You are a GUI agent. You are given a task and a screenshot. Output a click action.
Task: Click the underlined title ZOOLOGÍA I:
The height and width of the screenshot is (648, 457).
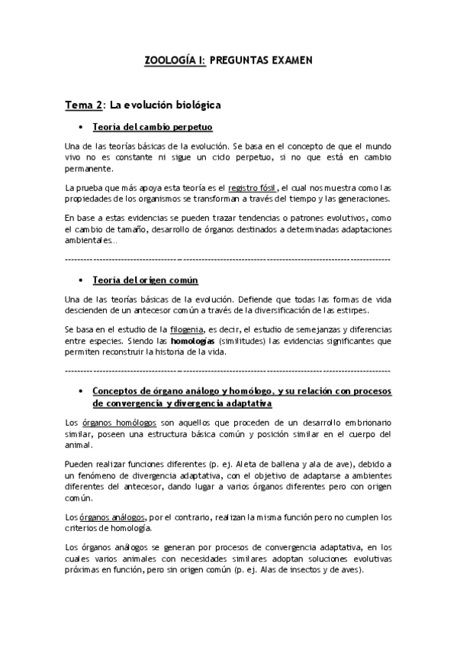click(175, 59)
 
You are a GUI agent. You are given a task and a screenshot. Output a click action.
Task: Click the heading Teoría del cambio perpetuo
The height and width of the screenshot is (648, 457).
click(152, 126)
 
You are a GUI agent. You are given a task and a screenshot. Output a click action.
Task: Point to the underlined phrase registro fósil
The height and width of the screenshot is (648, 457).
click(259, 187)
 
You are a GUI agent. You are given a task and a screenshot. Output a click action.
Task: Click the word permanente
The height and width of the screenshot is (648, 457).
click(89, 169)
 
